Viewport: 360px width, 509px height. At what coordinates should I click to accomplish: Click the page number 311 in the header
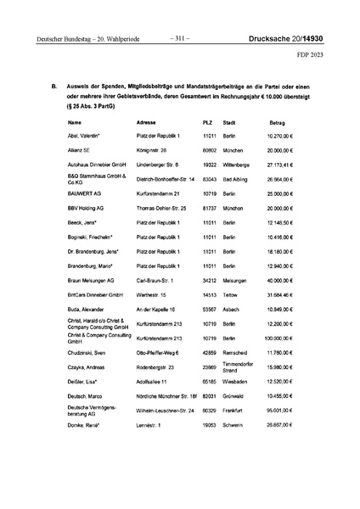click(x=179, y=37)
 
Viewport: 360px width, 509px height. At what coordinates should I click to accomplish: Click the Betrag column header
click(x=282, y=122)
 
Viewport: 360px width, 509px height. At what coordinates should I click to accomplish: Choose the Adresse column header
click(x=148, y=122)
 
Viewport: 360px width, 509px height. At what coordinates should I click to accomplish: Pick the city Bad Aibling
click(x=236, y=180)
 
